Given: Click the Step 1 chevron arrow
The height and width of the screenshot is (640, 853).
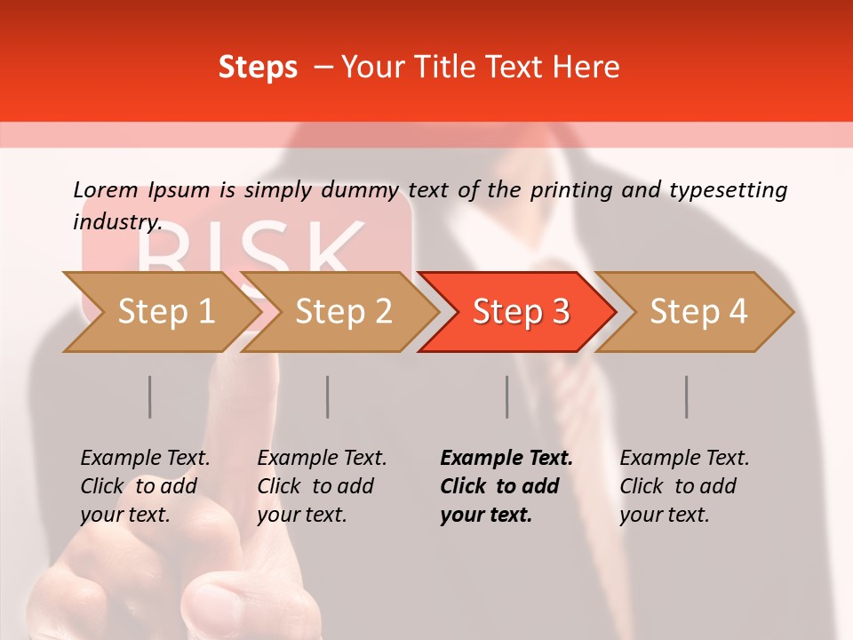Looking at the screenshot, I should click(160, 311).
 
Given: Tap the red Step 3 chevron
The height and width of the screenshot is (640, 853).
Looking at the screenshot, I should click(518, 311).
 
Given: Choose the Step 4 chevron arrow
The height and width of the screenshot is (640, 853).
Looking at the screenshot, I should click(696, 311).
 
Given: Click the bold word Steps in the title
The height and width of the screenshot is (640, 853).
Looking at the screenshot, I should click(258, 67).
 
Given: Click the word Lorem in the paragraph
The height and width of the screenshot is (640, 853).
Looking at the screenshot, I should click(106, 189).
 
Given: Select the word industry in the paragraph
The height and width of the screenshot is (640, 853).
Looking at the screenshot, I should click(116, 221).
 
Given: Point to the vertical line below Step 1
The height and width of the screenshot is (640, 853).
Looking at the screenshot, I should click(150, 396).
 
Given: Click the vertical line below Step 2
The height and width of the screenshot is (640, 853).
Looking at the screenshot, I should click(328, 396).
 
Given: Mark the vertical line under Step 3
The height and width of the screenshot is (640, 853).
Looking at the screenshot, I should click(507, 396).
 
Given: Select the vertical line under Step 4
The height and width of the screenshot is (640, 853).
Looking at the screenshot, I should click(687, 396).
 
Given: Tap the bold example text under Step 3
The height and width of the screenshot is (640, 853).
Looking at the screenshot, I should click(505, 486).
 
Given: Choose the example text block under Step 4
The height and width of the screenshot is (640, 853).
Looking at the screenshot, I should click(683, 486).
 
